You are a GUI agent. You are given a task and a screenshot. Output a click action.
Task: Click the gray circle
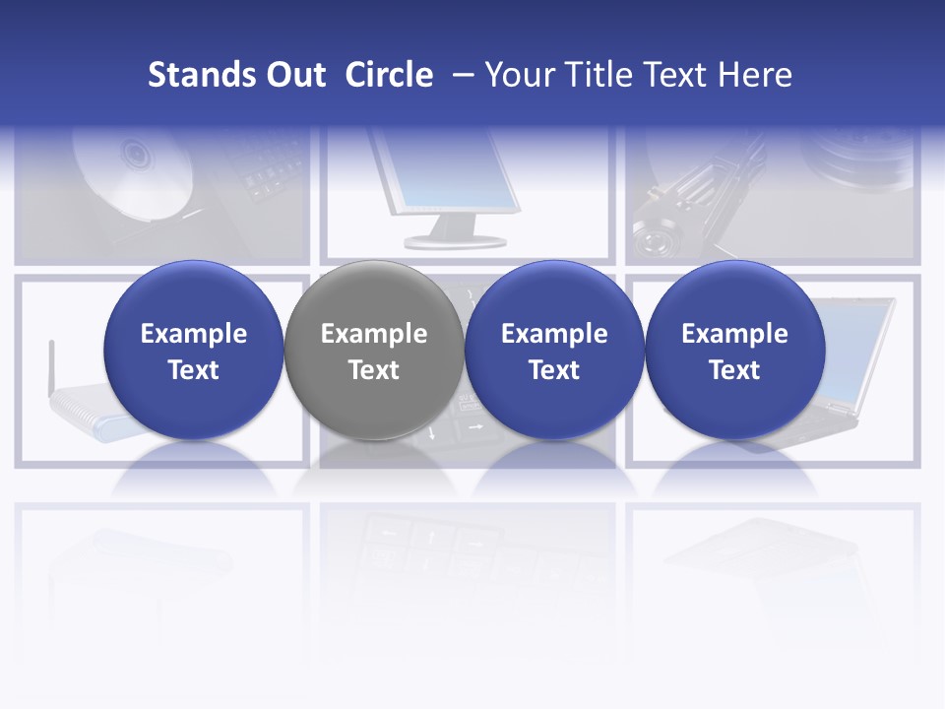pyautogui.click(x=373, y=351)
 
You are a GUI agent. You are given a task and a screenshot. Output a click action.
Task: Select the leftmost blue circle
pyautogui.click(x=193, y=351)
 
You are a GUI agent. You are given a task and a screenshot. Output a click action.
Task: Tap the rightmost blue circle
pyautogui.click(x=734, y=351)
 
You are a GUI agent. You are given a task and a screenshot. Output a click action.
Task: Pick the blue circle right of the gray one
pyautogui.click(x=553, y=351)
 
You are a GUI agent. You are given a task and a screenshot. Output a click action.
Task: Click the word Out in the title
pyautogui.click(x=294, y=75)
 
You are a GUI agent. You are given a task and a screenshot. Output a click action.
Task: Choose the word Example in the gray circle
pyautogui.click(x=373, y=334)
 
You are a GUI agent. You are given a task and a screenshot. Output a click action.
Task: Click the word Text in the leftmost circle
pyautogui.click(x=193, y=370)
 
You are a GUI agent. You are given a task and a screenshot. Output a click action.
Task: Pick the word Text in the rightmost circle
pyautogui.click(x=734, y=370)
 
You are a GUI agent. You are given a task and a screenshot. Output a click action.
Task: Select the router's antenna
pyautogui.click(x=51, y=364)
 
